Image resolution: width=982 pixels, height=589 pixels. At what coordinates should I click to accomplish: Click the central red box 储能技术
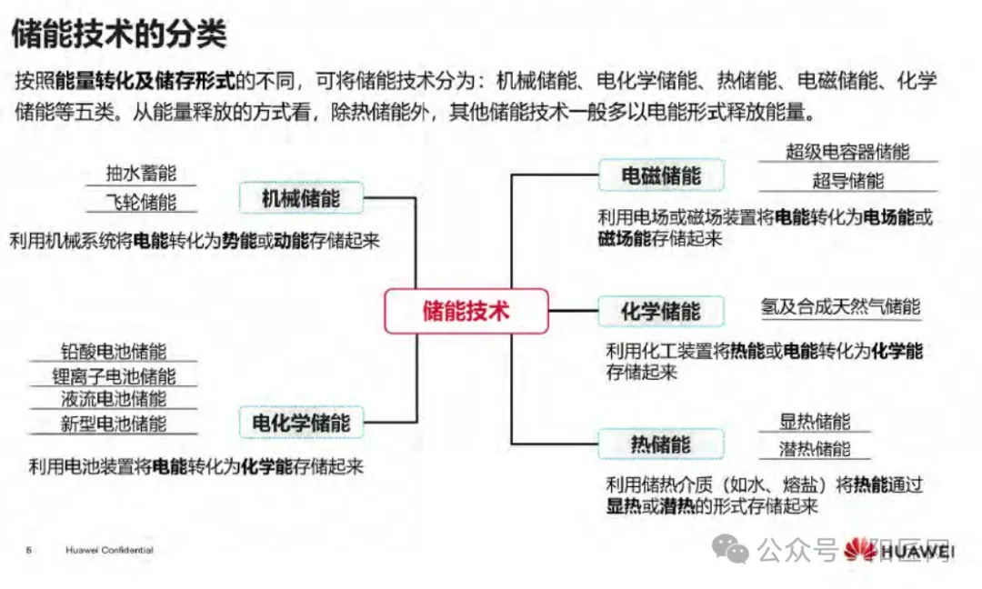(x=466, y=311)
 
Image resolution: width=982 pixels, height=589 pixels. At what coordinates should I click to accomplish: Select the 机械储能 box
(x=301, y=198)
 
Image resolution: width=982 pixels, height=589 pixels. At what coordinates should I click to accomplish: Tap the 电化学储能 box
(x=301, y=423)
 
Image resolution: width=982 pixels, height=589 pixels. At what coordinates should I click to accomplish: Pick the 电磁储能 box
(x=661, y=175)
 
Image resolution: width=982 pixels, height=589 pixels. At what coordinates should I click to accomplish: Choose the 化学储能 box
(x=661, y=311)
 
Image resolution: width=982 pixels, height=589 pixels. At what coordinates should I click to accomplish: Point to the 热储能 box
(x=661, y=444)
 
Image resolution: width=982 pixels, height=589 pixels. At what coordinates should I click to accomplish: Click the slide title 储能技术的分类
(x=119, y=33)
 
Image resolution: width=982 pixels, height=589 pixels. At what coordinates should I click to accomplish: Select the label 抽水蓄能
(x=141, y=173)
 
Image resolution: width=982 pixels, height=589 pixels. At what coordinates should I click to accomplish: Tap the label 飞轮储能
(x=141, y=202)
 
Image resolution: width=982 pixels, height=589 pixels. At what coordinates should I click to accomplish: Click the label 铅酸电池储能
(x=114, y=351)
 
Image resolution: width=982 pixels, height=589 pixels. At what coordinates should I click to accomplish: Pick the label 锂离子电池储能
(x=114, y=375)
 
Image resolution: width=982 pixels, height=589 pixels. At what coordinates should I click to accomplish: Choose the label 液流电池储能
(x=114, y=399)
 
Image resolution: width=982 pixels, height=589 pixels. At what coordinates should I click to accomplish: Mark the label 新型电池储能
(x=114, y=424)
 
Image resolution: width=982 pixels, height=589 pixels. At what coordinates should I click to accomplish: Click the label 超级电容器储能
(x=847, y=152)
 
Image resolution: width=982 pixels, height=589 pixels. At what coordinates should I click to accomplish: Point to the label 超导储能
(x=848, y=181)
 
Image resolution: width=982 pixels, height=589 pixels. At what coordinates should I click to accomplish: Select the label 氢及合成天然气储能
(x=840, y=306)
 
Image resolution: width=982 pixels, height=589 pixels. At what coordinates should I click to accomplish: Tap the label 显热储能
(x=815, y=421)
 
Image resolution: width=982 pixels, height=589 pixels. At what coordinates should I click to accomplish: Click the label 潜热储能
(x=815, y=449)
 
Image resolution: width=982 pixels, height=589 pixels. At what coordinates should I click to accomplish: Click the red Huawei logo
(x=860, y=550)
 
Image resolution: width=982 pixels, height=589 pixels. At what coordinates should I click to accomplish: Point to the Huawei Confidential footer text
(x=110, y=550)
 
